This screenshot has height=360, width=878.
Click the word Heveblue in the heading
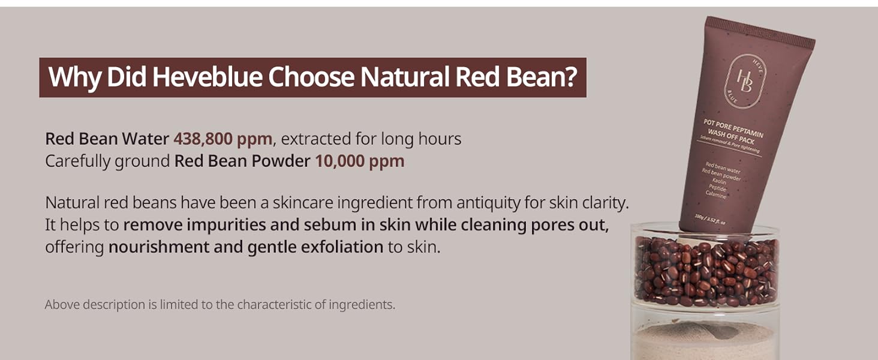(x=207, y=77)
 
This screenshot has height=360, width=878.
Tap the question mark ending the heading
(x=571, y=77)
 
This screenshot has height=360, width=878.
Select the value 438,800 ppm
(x=223, y=139)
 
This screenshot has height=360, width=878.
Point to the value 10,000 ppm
(x=360, y=161)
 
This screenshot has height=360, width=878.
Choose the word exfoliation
(x=342, y=247)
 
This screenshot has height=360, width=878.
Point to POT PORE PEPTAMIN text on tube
(x=733, y=128)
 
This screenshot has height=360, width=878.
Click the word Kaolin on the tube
(x=719, y=181)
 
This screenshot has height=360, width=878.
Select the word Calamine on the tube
(x=716, y=194)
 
